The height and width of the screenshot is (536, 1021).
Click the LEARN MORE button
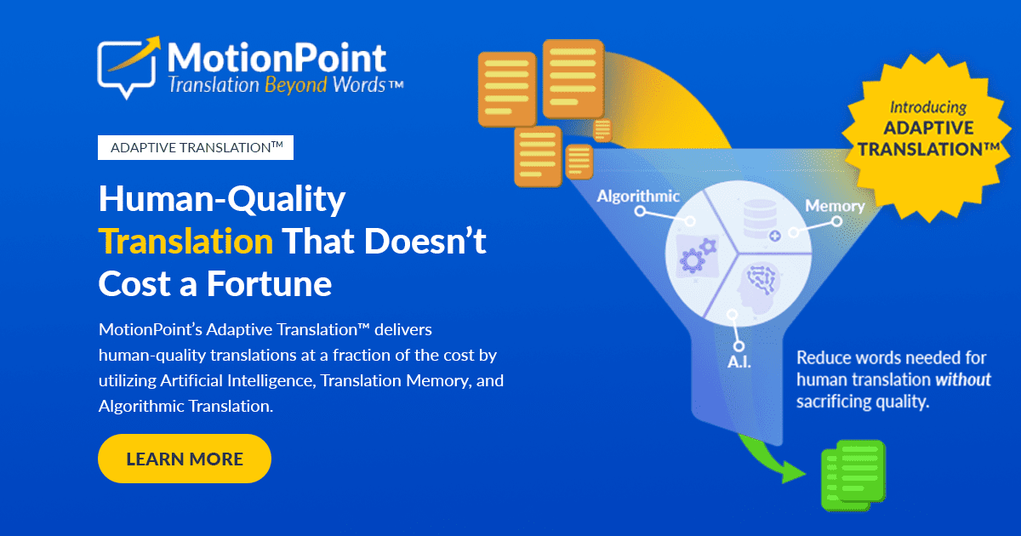click(185, 459)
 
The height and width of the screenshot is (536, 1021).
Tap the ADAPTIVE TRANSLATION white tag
click(196, 147)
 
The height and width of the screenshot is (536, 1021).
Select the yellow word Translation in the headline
click(185, 242)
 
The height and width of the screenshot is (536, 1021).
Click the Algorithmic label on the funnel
click(638, 197)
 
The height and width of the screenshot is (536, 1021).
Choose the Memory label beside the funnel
click(834, 206)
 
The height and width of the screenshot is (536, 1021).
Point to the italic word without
click(963, 379)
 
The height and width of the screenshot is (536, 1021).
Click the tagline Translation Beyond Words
click(284, 85)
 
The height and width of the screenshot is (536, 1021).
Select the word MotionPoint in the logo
click(277, 57)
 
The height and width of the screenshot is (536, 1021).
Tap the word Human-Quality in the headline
click(222, 200)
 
